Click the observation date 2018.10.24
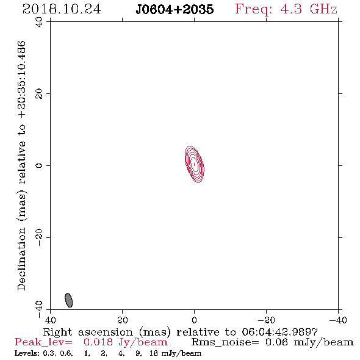(x=62, y=9)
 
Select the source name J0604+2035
(x=175, y=9)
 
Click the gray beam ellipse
(x=69, y=300)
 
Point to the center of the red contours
(x=195, y=164)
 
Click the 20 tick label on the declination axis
(x=39, y=94)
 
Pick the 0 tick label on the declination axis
(x=39, y=165)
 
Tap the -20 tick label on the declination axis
(x=39, y=237)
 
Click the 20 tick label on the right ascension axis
(x=122, y=320)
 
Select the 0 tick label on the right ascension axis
(x=194, y=320)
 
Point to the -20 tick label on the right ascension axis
(x=266, y=320)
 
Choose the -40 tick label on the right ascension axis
(x=338, y=320)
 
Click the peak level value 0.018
(x=98, y=342)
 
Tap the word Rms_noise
(x=225, y=342)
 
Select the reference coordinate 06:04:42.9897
(x=279, y=332)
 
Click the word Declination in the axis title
(x=21, y=259)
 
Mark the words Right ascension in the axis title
(x=88, y=332)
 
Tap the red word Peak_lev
(x=43, y=342)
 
